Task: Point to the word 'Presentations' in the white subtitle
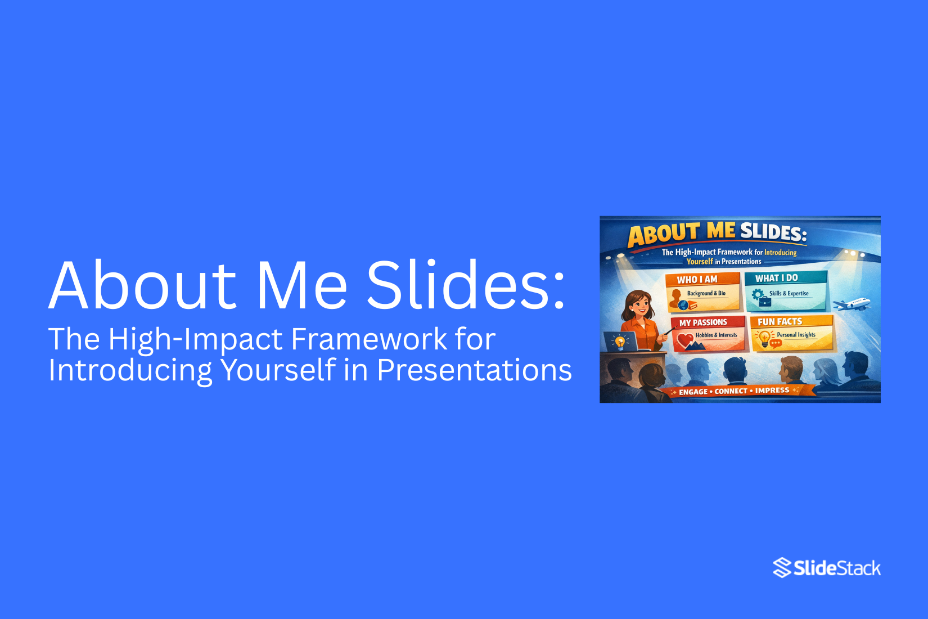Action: [x=474, y=370]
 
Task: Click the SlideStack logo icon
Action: [x=782, y=568]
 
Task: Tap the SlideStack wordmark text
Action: [x=837, y=568]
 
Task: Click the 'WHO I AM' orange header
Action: [x=697, y=279]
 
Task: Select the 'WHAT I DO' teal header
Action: [x=776, y=278]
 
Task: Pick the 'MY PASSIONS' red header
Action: [x=703, y=322]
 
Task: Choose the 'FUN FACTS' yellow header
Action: [x=780, y=322]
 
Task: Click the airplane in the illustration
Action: [x=852, y=304]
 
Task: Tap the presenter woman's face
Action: [x=640, y=307]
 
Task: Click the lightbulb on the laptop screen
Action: [x=620, y=341]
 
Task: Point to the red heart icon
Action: [x=684, y=339]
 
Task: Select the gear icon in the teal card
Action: [x=758, y=294]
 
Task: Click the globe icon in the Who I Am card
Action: [x=683, y=305]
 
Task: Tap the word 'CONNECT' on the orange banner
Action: [x=731, y=391]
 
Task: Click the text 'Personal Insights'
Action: [x=796, y=335]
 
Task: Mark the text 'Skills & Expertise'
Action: [x=789, y=293]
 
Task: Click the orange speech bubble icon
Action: [x=776, y=343]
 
